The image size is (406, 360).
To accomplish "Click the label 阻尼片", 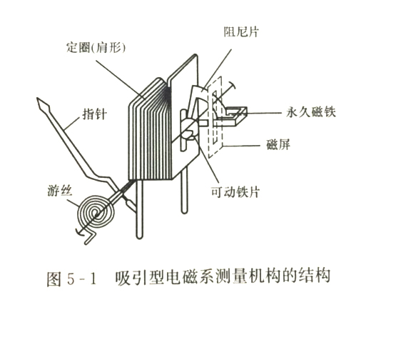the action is click(x=241, y=32).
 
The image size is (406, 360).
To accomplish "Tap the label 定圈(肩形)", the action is click(x=96, y=48).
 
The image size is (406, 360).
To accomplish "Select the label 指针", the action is click(x=94, y=114).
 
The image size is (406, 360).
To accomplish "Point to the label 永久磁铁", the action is click(x=311, y=112).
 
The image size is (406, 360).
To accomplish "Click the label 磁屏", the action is click(x=278, y=144).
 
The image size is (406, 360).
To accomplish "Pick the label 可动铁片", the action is click(x=235, y=192).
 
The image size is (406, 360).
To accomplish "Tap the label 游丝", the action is click(x=59, y=191).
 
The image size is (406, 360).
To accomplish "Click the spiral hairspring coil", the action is click(x=96, y=214).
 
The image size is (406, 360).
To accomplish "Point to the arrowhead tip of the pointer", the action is click(x=38, y=99).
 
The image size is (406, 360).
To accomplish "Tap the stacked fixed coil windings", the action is click(x=150, y=129).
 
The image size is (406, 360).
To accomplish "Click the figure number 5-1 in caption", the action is click(x=81, y=279).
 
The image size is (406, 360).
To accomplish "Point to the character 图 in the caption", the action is click(x=54, y=279).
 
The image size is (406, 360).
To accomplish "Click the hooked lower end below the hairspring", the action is click(x=91, y=237).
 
